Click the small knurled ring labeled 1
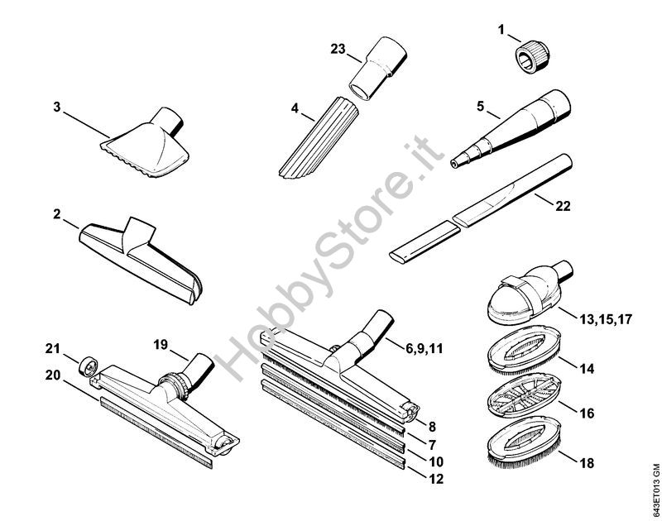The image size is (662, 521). [531, 57]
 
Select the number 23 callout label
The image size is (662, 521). [338, 49]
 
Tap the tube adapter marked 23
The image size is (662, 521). [377, 68]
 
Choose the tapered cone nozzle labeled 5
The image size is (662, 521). [511, 129]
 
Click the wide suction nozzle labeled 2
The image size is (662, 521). [141, 260]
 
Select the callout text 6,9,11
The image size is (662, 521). [425, 348]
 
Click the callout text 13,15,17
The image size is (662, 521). [605, 319]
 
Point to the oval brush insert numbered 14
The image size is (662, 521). [524, 350]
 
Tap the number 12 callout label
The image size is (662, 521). [436, 479]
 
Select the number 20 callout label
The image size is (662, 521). [53, 375]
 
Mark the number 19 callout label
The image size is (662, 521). [161, 345]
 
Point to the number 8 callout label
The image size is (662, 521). [432, 427]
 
